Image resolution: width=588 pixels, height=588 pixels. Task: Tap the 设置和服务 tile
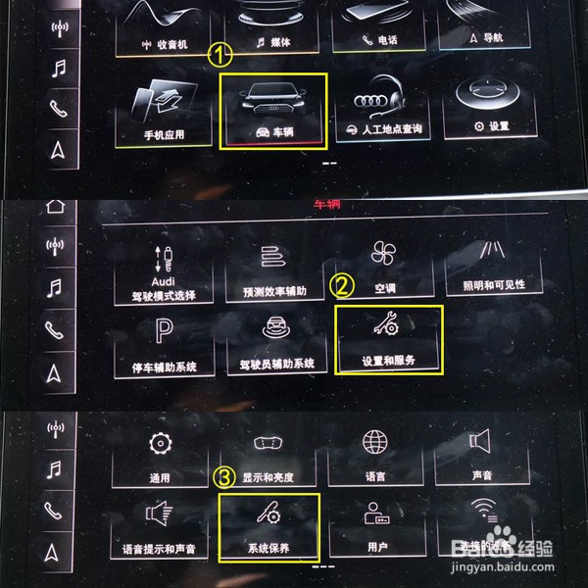pyautogui.click(x=389, y=338)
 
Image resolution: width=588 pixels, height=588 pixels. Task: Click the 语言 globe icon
pyautogui.click(x=376, y=442)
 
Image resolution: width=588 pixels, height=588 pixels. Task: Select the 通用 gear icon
pyautogui.click(x=160, y=443)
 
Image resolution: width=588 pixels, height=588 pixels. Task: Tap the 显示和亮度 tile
pyautogui.click(x=269, y=456)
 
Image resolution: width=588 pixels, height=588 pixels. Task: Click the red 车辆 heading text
pyautogui.click(x=325, y=205)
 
